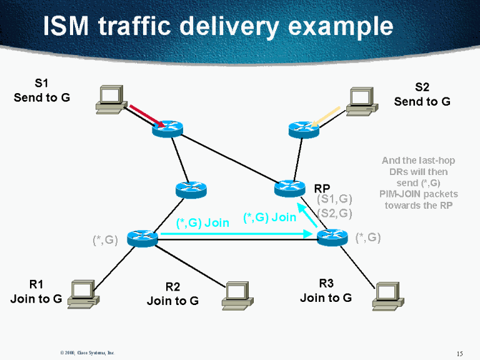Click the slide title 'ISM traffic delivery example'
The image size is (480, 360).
pyautogui.click(x=218, y=26)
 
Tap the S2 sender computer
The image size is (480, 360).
pyautogui.click(x=361, y=101)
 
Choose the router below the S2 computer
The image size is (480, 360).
pyautogui.click(x=304, y=129)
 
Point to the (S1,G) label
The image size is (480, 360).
pyautogui.click(x=335, y=199)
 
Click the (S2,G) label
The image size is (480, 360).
pyautogui.click(x=335, y=213)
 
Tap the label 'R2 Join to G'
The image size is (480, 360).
pyautogui.click(x=172, y=294)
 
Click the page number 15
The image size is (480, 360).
pyautogui.click(x=460, y=354)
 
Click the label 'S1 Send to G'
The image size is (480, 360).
pyautogui.click(x=42, y=91)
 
